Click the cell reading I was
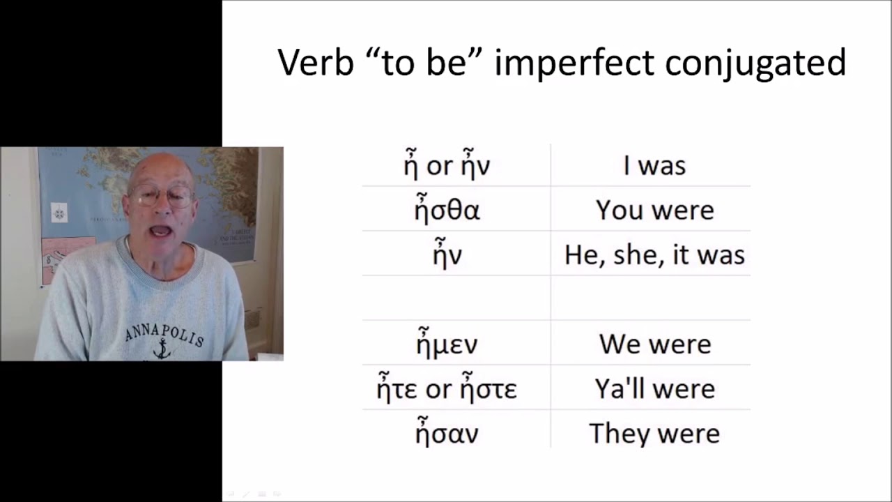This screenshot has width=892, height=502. pyautogui.click(x=654, y=166)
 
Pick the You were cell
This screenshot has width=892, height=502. pyautogui.click(x=654, y=211)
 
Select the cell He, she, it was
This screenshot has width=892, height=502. pyautogui.click(x=654, y=255)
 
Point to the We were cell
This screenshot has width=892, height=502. pyautogui.click(x=654, y=344)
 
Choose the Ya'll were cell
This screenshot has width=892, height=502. pyautogui.click(x=654, y=389)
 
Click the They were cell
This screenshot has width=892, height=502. pyautogui.click(x=654, y=434)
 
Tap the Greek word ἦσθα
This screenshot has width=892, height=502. pyautogui.click(x=447, y=209)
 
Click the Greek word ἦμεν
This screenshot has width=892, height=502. pyautogui.click(x=447, y=343)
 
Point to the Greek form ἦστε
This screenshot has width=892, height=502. pyautogui.click(x=487, y=388)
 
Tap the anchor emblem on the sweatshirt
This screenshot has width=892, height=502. pyautogui.click(x=162, y=349)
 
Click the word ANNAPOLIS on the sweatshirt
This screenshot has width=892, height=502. pyautogui.click(x=164, y=334)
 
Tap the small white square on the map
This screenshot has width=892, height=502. pyautogui.click(x=59, y=213)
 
